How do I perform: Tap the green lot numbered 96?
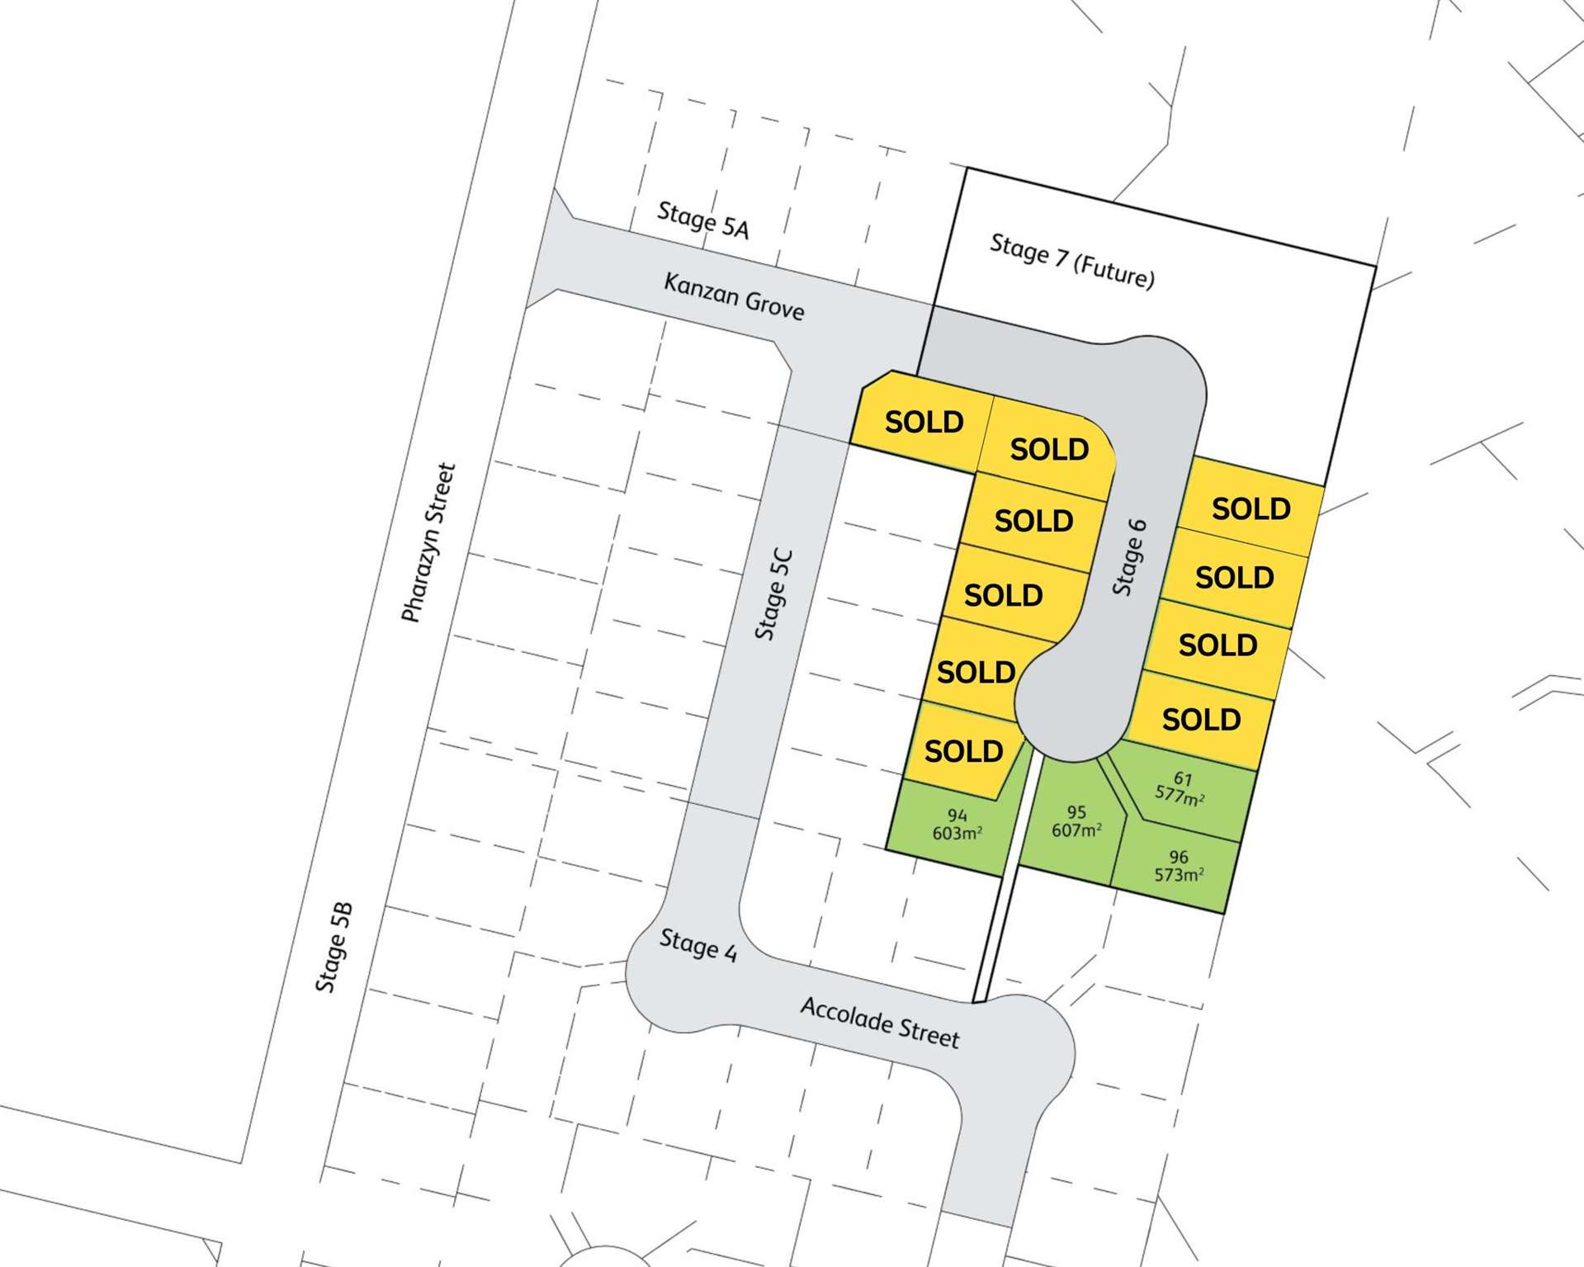tap(1176, 867)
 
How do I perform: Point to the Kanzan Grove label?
tap(734, 296)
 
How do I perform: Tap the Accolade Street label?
tap(880, 1023)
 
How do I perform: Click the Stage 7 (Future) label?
tap(1071, 261)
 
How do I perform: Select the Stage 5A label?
tap(703, 220)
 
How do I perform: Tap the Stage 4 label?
tap(697, 945)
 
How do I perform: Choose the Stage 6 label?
tap(1129, 557)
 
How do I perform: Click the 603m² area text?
tap(957, 834)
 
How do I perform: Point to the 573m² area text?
tap(1179, 875)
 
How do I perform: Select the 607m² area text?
tap(1076, 830)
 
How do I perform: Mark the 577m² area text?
tap(1179, 796)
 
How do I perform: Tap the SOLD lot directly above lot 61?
tap(1201, 720)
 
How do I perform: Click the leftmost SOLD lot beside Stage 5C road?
tap(924, 422)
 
